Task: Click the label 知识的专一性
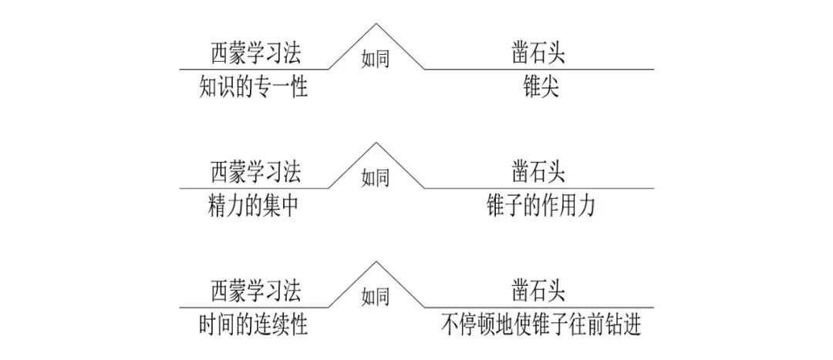[252, 88]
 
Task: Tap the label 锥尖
[540, 88]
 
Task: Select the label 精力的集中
[252, 207]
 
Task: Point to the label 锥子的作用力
[540, 207]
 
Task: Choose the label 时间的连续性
[252, 325]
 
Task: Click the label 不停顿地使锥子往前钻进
[540, 325]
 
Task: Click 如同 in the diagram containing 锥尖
[376, 59]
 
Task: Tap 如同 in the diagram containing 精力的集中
[376, 178]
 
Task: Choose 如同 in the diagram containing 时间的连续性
[376, 297]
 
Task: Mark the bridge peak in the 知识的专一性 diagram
[376, 25]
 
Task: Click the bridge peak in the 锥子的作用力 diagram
[376, 143]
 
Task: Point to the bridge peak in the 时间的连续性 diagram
[376, 262]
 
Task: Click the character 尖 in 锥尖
[550, 88]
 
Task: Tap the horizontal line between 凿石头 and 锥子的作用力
[540, 188]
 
